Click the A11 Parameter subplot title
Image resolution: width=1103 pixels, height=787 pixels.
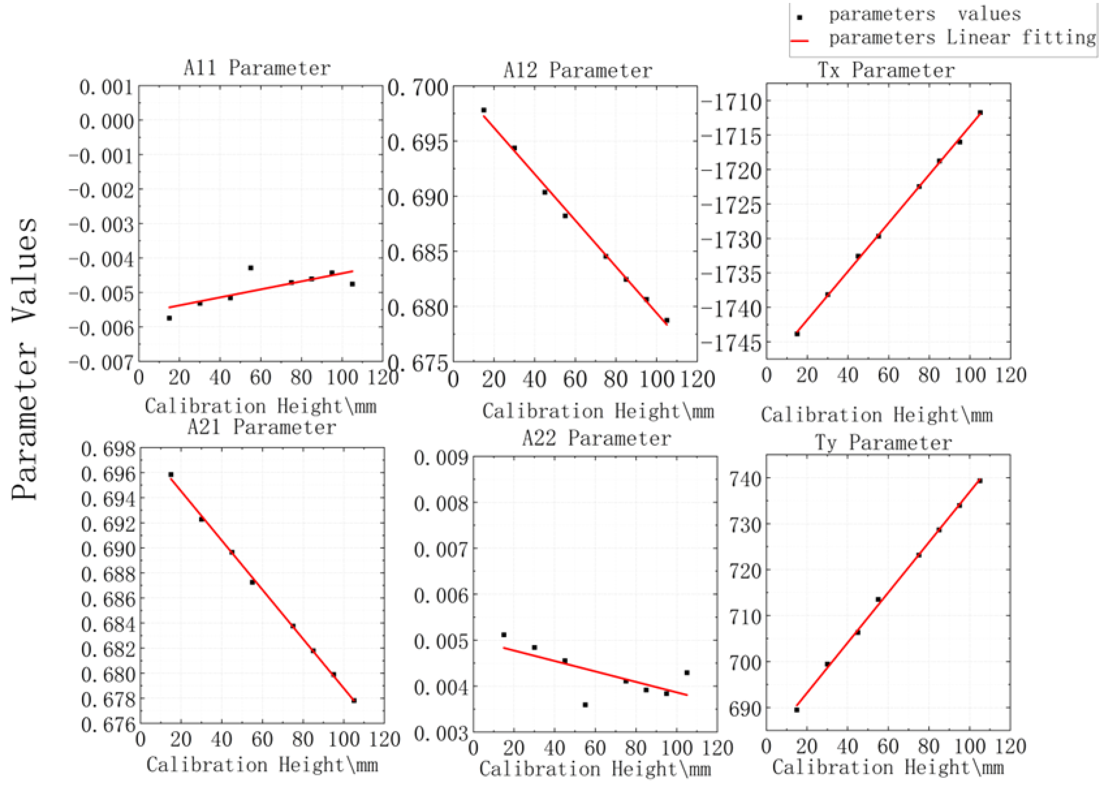(x=257, y=68)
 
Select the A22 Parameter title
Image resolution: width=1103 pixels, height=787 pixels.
(x=596, y=438)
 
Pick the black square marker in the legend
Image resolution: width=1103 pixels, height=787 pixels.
(x=800, y=18)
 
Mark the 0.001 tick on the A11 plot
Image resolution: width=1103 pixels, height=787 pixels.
(x=106, y=88)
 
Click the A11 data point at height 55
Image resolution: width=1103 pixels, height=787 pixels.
(x=251, y=268)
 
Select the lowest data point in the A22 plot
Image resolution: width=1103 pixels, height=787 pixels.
(x=585, y=705)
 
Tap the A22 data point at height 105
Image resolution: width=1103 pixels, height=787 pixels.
(x=687, y=673)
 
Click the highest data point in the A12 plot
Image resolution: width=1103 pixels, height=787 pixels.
(x=483, y=110)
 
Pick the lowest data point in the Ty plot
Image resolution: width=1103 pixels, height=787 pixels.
(x=797, y=710)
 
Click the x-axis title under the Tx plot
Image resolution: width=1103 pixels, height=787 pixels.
(x=877, y=415)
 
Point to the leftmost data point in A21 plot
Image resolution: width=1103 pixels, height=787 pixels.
(x=170, y=475)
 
